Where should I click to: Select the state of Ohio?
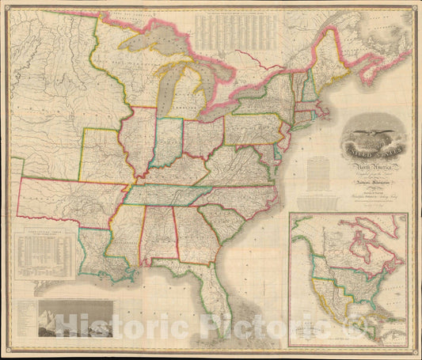203,137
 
